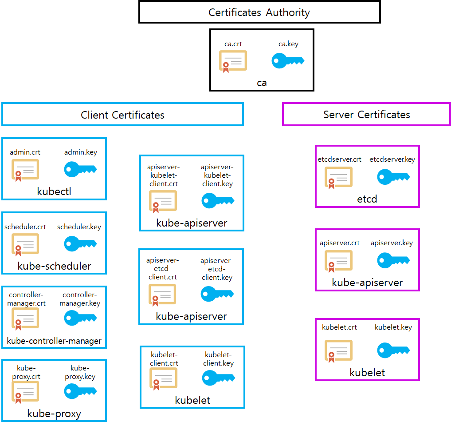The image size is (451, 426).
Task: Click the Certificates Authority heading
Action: [259, 12]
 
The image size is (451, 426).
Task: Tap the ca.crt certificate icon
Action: [233, 61]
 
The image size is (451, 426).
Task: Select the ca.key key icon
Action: [288, 61]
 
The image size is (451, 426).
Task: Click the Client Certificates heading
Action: [122, 115]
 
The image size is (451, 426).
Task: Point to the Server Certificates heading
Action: [366, 115]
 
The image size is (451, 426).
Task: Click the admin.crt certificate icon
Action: [25, 170]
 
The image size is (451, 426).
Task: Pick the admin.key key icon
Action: [80, 169]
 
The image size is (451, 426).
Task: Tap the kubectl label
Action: [54, 191]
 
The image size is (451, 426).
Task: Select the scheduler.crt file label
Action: [25, 227]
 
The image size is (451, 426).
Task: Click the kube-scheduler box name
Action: [54, 266]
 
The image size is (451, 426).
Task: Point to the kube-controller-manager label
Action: [54, 341]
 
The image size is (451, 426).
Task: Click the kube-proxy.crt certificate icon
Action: [25, 392]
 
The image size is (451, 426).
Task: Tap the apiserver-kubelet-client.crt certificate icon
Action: [163, 201]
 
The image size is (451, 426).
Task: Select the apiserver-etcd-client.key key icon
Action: [217, 294]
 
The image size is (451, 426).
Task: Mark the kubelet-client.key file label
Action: [218, 358]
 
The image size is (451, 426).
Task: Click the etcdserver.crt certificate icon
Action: [338, 177]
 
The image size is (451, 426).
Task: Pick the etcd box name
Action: [367, 199]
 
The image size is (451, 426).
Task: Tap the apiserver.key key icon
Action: [393, 260]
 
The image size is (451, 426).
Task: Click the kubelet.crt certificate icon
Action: [338, 350]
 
